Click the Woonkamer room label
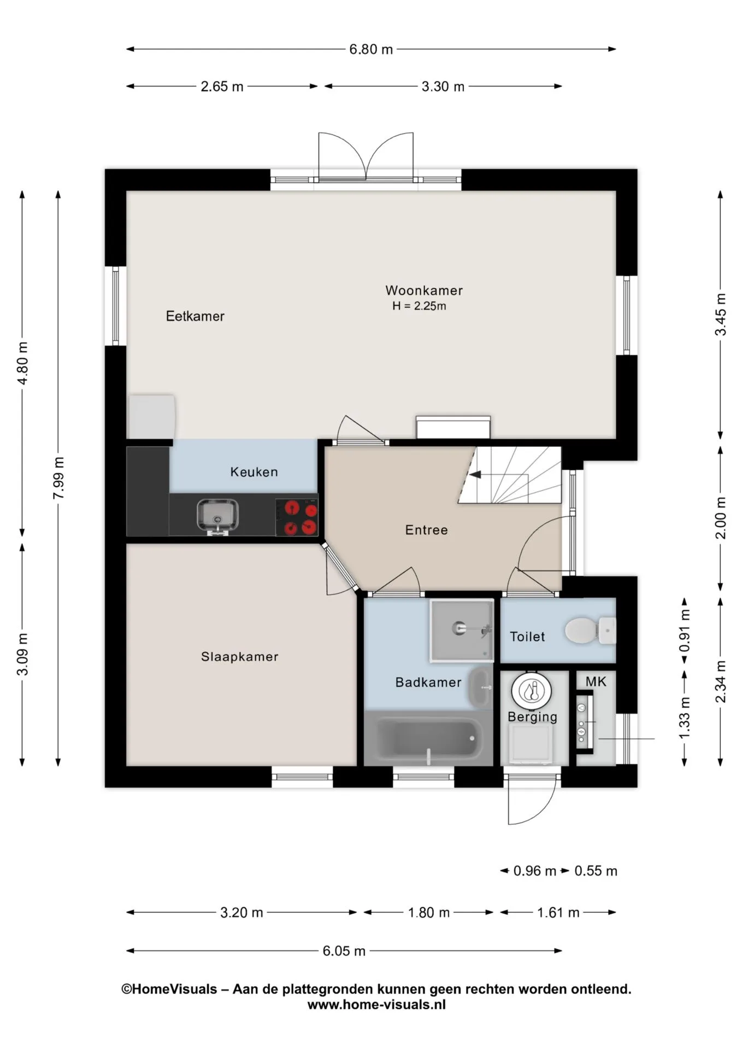tap(424, 290)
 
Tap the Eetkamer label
tap(195, 316)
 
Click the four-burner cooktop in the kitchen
tap(297, 517)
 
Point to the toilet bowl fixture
tap(590, 631)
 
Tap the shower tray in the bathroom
tap(462, 631)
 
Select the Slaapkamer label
tap(240, 657)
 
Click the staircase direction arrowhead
tap(475, 475)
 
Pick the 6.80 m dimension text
tap(371, 49)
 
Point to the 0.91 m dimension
tap(685, 631)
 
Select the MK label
tap(596, 681)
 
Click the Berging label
tap(533, 717)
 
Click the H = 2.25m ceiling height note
tap(419, 306)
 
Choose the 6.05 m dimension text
tap(344, 951)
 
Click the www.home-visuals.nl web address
tap(376, 1005)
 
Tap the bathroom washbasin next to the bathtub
tap(481, 687)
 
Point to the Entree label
tap(426, 530)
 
